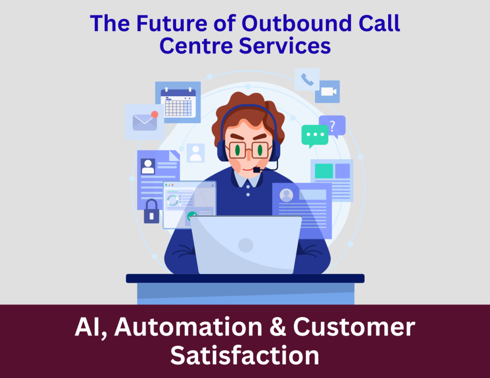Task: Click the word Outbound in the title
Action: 297,23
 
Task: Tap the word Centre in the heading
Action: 196,46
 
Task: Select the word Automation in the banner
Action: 189,327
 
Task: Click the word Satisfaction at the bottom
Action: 245,356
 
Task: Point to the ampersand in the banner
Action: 278,327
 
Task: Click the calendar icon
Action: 178,102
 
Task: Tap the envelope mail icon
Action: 145,122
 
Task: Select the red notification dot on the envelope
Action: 155,115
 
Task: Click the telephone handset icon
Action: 307,79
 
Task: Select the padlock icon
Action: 152,211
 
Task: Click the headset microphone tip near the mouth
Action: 256,170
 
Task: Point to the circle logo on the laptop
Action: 245,245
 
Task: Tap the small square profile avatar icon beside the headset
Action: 196,153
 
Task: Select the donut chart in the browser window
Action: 172,200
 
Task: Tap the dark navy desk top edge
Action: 245,278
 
